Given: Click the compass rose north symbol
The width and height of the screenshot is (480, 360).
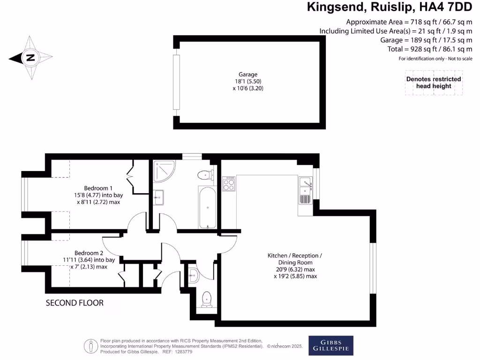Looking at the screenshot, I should pos(30,58).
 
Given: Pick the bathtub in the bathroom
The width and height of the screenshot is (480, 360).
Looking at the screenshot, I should pos(208,207).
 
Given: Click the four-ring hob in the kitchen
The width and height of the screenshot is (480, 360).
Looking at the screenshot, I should pos(229,183).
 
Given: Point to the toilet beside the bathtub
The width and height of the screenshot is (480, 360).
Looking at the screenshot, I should pos(204,175).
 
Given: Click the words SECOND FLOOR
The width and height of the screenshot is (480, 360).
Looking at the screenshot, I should pos(75,303).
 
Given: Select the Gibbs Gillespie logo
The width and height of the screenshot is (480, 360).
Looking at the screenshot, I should pos(330,345).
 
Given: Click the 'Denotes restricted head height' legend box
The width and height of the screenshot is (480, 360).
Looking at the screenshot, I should pos(434,83).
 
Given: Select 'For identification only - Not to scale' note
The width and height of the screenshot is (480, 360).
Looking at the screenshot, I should pos(435,59).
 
